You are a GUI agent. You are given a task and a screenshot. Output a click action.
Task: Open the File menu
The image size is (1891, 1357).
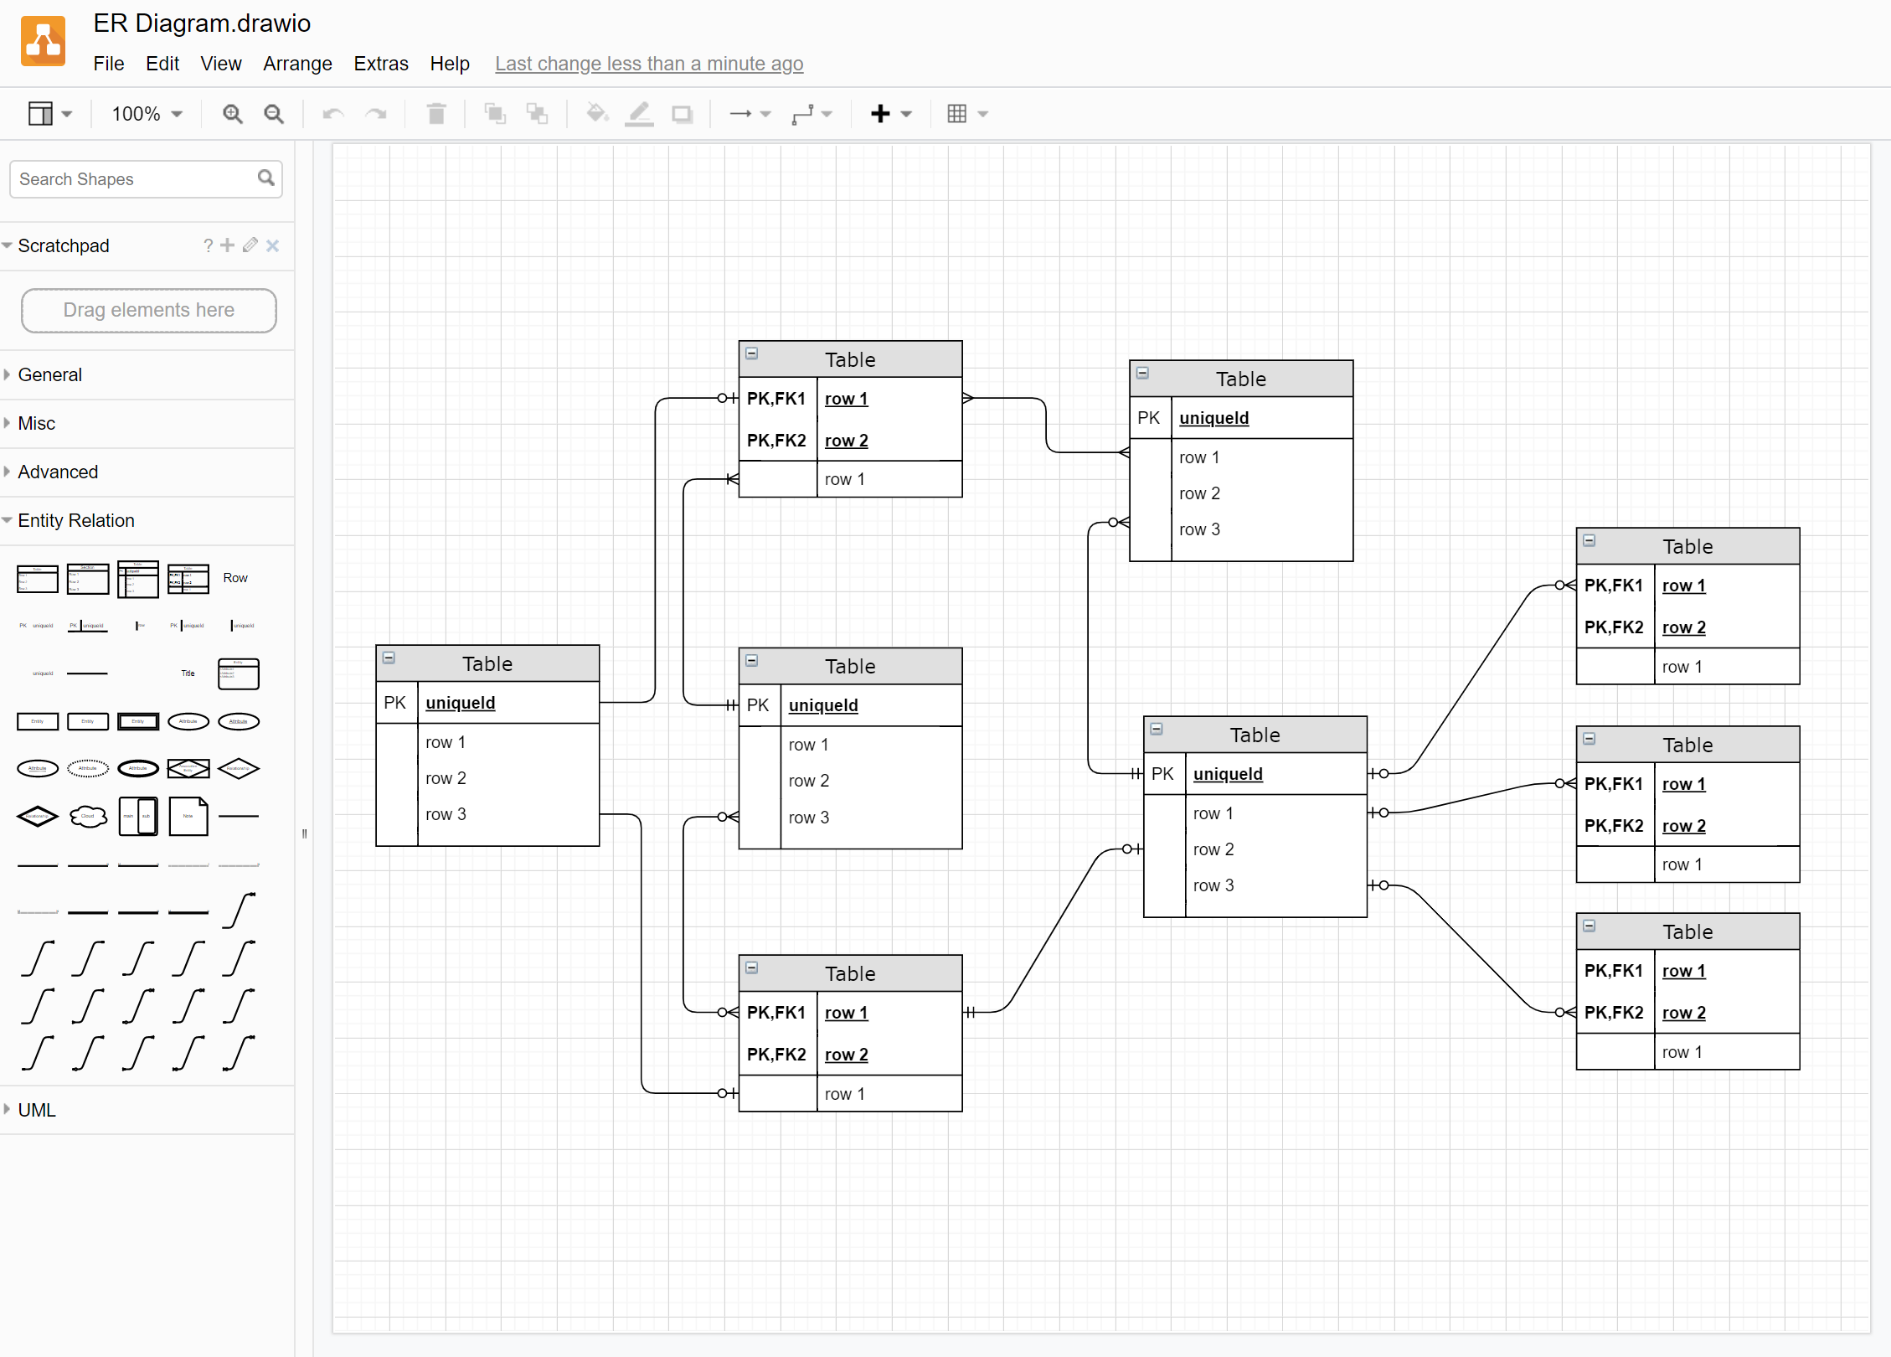[108, 64]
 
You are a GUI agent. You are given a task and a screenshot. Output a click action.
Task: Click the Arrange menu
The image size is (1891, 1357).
[297, 64]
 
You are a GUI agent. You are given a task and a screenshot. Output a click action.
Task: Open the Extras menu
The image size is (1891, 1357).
[380, 64]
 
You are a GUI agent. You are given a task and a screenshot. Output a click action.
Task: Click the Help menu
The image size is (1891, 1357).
[449, 64]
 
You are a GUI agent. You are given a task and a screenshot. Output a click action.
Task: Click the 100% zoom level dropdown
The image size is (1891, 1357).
[147, 114]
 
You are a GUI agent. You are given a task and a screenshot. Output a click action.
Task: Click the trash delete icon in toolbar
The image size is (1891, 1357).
[435, 114]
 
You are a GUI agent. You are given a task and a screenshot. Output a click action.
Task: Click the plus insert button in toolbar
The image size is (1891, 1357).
[881, 114]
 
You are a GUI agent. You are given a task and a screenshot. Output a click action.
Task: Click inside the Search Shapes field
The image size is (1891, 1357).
[134, 179]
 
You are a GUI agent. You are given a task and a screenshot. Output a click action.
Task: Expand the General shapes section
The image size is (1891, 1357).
[50, 374]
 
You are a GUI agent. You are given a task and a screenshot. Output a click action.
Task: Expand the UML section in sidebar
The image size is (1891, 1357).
[37, 1110]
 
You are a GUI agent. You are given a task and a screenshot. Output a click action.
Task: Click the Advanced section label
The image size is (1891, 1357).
[58, 472]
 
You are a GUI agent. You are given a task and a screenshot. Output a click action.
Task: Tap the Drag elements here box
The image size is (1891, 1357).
[148, 310]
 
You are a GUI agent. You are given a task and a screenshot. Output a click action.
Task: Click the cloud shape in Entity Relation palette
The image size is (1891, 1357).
[88, 816]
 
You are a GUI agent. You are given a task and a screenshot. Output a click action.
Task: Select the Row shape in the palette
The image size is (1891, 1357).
[235, 578]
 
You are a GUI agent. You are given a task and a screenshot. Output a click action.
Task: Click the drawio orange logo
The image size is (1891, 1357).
[43, 41]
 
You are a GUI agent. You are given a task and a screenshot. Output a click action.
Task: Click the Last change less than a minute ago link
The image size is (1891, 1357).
[648, 64]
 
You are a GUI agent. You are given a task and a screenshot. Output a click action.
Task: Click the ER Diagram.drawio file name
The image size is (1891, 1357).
[202, 23]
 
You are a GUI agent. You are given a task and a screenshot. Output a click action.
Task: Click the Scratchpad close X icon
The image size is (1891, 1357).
[272, 245]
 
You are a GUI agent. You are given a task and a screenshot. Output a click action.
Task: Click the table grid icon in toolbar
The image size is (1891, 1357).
[957, 114]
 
